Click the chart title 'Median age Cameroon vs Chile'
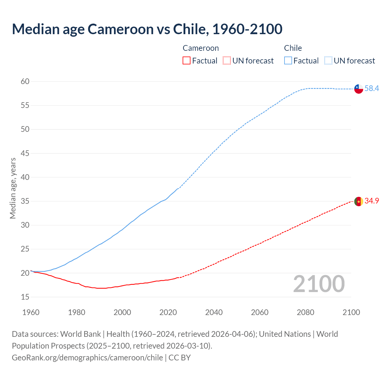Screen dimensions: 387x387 click(x=147, y=29)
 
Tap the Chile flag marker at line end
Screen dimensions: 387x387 click(x=359, y=89)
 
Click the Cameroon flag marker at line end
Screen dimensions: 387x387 click(x=359, y=201)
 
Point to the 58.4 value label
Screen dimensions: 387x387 click(x=372, y=88)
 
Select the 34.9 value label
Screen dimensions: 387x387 click(x=372, y=201)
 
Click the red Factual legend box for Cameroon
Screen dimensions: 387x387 click(x=187, y=61)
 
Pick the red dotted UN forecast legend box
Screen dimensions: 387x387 click(x=227, y=61)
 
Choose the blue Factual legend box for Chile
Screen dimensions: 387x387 click(x=288, y=61)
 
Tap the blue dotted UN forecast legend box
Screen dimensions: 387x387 click(x=328, y=61)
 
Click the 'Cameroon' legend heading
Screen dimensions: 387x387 click(x=200, y=48)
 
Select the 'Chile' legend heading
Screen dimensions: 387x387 click(x=293, y=48)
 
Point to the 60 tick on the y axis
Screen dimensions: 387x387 click(x=25, y=81)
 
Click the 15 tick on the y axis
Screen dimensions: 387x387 click(x=25, y=297)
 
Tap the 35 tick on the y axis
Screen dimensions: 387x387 click(x=25, y=201)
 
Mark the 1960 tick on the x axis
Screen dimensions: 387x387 click(x=31, y=312)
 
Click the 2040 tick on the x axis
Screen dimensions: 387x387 click(x=214, y=312)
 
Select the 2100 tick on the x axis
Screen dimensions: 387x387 click(x=351, y=312)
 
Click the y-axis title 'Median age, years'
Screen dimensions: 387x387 click(x=13, y=188)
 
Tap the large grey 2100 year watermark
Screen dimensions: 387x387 click(x=319, y=284)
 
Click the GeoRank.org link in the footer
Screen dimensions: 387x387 click(x=87, y=358)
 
